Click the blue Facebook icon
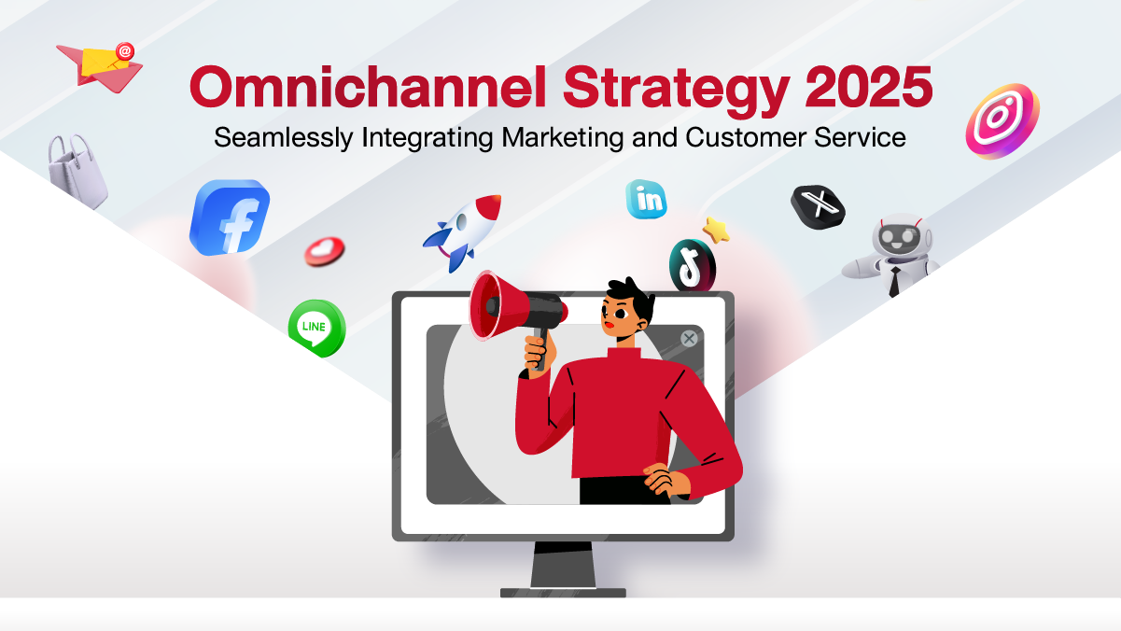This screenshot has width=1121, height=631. coord(230,217)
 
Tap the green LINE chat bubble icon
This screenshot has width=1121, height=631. coord(316,328)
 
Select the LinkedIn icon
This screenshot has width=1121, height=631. coord(646,199)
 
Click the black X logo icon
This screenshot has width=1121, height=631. coord(818,206)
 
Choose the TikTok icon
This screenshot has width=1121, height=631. coord(693,265)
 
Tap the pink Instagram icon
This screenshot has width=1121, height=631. coord(1002,121)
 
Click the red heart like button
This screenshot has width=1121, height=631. coord(325,251)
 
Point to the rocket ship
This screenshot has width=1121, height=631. coord(463,231)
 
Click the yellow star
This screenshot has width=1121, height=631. coord(716,231)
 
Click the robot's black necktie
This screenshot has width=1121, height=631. coord(894,281)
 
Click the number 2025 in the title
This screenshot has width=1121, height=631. coord(869,87)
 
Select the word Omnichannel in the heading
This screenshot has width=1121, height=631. coord(368,87)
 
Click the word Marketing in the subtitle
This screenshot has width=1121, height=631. coord(562,137)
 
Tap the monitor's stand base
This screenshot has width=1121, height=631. coord(563,593)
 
